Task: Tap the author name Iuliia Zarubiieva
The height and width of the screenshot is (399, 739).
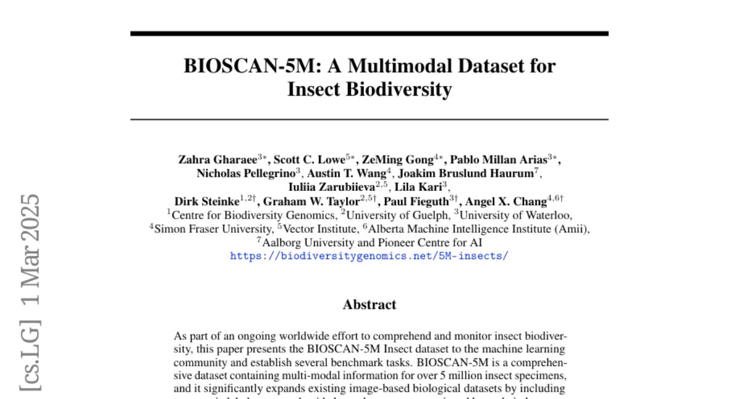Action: [x=331, y=187]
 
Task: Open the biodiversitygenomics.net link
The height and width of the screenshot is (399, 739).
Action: [x=369, y=256]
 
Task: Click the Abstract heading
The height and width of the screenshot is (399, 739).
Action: [x=369, y=304]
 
